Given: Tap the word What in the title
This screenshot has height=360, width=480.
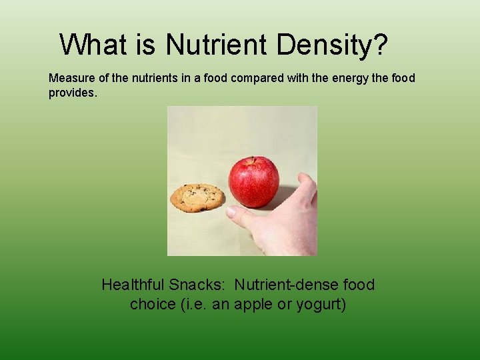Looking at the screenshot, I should tap(88, 45).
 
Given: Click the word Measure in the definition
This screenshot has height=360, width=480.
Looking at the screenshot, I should tap(71, 78).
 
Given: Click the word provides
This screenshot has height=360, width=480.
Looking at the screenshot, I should tap(73, 93).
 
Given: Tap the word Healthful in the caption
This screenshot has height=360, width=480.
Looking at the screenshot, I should tap(133, 285).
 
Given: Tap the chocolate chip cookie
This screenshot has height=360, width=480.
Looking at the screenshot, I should tap(197, 197).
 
